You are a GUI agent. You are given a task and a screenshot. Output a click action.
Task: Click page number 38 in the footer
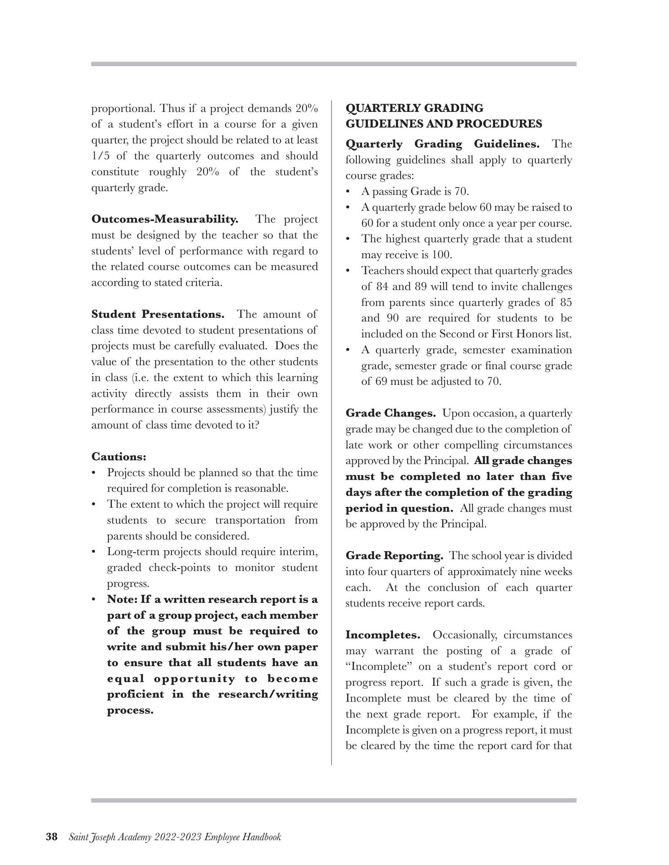[52, 837]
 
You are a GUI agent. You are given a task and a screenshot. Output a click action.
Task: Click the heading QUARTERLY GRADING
[414, 108]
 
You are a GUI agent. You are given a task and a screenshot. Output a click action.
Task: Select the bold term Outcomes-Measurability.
[165, 219]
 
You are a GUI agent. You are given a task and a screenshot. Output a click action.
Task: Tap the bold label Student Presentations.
[158, 314]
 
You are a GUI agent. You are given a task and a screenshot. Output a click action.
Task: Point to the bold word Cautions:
[119, 457]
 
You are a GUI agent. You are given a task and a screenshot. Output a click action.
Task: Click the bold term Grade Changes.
[390, 413]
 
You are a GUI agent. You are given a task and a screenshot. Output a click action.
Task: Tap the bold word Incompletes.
[382, 635]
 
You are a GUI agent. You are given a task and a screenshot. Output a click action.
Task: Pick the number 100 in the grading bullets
[441, 255]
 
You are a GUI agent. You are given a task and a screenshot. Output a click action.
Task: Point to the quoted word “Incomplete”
[379, 666]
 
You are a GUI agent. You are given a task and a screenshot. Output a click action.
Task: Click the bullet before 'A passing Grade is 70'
[348, 192]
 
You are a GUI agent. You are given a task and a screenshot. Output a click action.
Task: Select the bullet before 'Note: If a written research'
[94, 599]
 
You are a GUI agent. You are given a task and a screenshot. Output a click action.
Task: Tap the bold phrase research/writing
[268, 694]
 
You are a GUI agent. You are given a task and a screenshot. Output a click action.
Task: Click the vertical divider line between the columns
[331, 422]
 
